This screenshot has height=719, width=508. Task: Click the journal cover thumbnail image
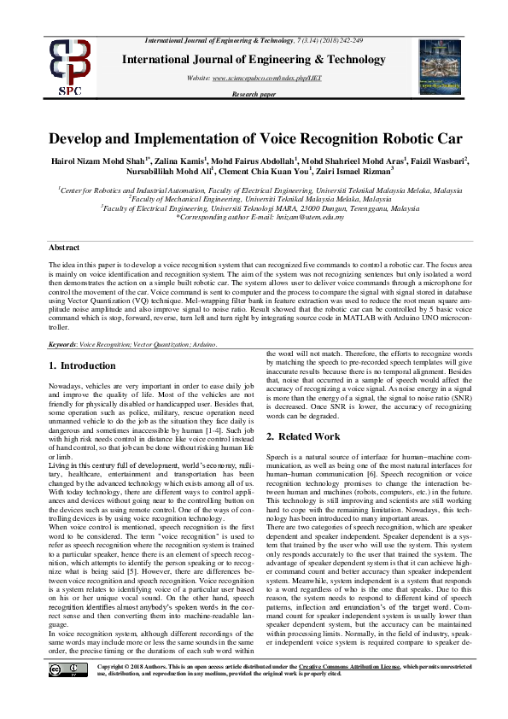440,66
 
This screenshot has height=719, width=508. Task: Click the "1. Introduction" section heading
82,366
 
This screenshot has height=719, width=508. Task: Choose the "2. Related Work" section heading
303,436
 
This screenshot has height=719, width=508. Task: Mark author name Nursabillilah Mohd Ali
144,172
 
